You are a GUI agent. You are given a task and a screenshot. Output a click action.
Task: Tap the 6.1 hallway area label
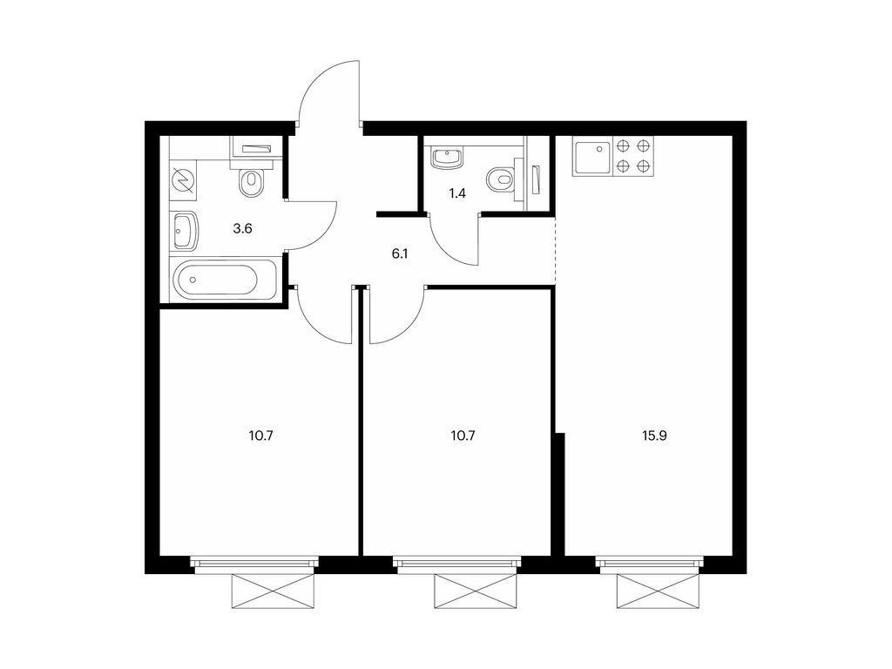[x=401, y=253]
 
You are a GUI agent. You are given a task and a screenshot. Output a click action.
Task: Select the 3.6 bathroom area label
[x=242, y=229]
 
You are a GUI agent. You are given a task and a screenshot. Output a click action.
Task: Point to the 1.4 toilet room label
[x=456, y=193]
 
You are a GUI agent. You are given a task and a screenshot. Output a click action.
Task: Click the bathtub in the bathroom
[x=216, y=281]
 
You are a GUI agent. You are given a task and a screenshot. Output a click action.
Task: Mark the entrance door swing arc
[x=329, y=91]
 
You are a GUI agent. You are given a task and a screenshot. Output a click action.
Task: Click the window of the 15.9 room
[x=652, y=564]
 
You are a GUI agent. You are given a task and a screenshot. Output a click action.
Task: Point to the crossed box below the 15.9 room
[x=652, y=592]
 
